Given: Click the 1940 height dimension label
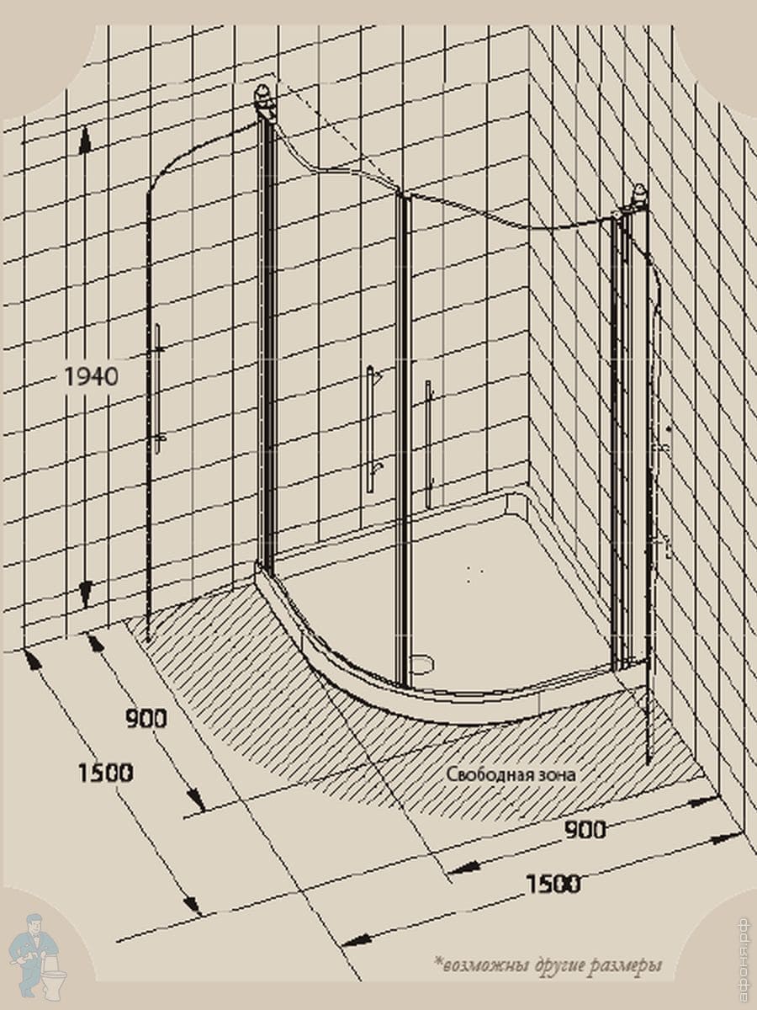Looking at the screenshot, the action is pyautogui.click(x=91, y=377).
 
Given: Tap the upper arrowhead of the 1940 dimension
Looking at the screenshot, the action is pyautogui.click(x=84, y=141).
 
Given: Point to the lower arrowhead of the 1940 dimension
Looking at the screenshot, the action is pyautogui.click(x=85, y=593).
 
